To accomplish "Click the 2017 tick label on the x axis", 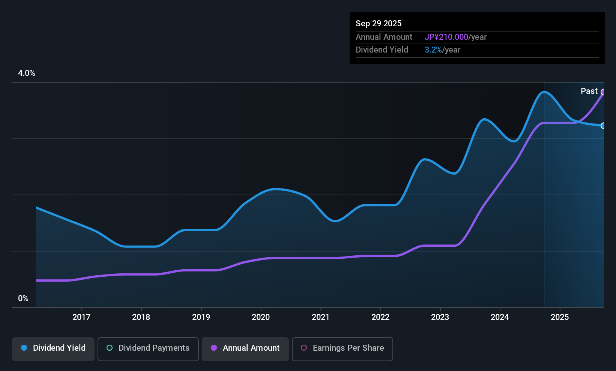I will coord(81,317).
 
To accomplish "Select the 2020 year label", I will coord(261,317).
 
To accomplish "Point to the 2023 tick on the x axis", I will coord(440,317).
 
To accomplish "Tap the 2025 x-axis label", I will coord(559,317).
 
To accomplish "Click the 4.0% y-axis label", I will coord(27,73).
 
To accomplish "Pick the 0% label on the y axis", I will coord(23,299).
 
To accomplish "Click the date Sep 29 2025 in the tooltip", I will coord(379,23).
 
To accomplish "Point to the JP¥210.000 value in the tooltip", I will coord(446,37).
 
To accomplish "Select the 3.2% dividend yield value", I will coord(433,50).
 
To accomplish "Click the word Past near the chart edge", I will coord(589,91).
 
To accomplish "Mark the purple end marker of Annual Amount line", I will coord(603,92).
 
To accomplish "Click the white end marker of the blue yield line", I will coord(603,126).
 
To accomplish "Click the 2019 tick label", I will coord(201,317).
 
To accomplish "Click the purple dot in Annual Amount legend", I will coord(214,348).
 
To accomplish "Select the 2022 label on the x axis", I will coord(380,317).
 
